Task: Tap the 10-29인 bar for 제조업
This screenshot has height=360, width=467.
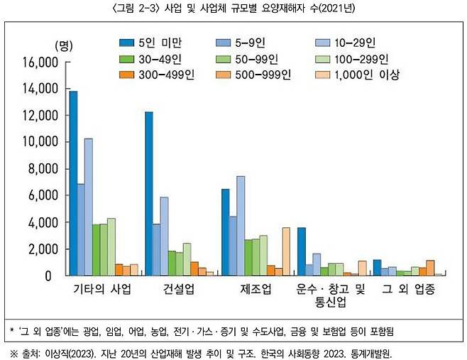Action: coord(241,226)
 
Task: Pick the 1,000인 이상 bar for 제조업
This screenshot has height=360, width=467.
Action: coord(286,251)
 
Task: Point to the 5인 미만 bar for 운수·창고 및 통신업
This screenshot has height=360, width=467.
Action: coord(301,251)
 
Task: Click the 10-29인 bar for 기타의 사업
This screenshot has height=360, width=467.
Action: coord(89,207)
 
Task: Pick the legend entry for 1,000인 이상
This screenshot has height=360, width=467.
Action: coord(370,74)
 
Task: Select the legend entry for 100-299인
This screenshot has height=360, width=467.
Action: coord(370,58)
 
